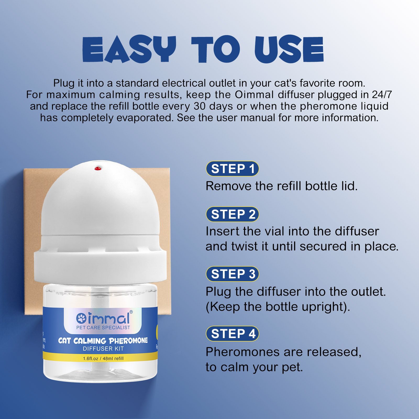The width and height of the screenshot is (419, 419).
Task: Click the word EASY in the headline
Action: (129, 49)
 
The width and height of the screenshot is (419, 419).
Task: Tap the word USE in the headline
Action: (289, 49)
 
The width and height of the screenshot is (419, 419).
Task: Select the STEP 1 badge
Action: (233, 169)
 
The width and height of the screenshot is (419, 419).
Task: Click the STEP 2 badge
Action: (233, 214)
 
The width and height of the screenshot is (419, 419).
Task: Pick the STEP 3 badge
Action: (233, 274)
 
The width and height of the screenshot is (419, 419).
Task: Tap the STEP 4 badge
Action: (233, 334)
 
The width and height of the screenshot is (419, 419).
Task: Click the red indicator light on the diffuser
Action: (98, 168)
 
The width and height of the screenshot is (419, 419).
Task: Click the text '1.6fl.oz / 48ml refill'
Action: (103, 358)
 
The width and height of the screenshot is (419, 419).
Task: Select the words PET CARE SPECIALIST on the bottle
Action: (103, 328)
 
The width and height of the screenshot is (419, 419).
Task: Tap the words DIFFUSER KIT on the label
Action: (103, 349)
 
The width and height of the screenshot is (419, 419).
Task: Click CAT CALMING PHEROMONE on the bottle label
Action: (103, 341)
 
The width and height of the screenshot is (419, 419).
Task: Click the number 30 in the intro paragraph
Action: (200, 106)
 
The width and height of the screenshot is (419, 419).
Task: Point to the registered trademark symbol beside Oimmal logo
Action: (131, 312)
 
